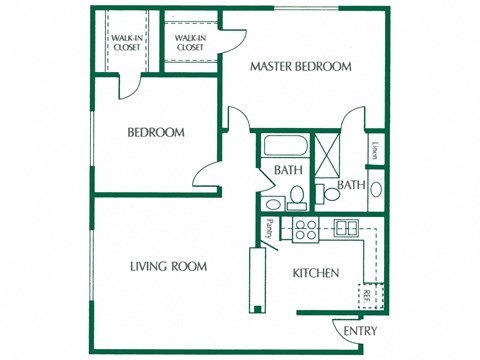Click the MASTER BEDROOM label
click(301, 67)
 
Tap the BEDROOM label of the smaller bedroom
click(155, 132)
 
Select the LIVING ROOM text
click(168, 266)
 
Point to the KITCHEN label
click(315, 273)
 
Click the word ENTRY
click(360, 330)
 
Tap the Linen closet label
click(375, 152)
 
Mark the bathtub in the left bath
click(284, 148)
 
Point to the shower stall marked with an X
click(328, 154)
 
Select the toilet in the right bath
click(330, 194)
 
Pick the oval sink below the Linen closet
click(375, 188)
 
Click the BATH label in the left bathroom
click(289, 171)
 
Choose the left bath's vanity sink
click(297, 204)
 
